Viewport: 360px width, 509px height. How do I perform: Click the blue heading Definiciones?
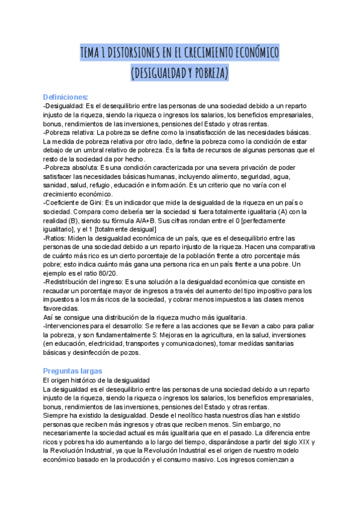click(x=65, y=97)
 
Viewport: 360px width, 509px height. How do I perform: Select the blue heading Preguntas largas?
click(x=73, y=371)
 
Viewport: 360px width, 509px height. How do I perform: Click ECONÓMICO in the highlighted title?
click(x=253, y=53)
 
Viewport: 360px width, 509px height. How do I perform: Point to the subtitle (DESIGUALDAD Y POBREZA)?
click(x=179, y=73)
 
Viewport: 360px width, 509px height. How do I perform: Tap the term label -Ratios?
click(x=56, y=238)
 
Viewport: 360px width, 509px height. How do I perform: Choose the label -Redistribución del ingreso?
click(x=83, y=282)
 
